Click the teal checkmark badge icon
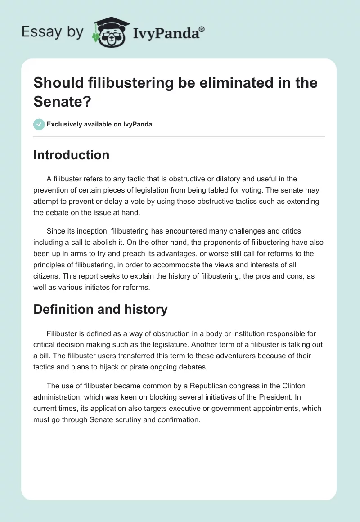[x=39, y=124]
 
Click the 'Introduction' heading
[x=72, y=155]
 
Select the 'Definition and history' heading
[x=100, y=309]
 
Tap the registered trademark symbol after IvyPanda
[x=202, y=29]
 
